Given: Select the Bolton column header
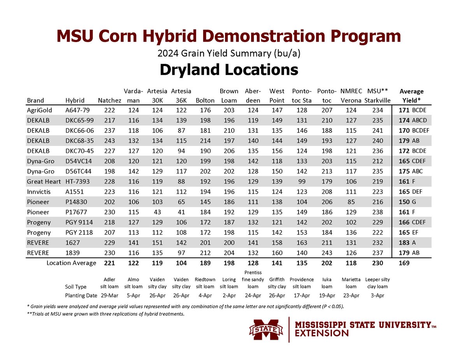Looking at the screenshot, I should tap(205, 100).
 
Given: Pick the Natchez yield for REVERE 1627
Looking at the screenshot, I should tap(109, 242).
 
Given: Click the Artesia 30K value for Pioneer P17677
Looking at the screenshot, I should tap(158, 212).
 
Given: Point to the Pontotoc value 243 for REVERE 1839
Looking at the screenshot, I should tap(327, 252).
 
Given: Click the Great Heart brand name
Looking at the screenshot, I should tap(44, 181).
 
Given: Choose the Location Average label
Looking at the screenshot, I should tap(71, 263).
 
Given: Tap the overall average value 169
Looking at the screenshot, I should tap(404, 263).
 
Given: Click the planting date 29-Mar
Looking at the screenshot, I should tap(109, 295).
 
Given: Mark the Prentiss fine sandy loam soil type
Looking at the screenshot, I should tap(253, 279).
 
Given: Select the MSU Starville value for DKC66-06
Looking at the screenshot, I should tap(377, 130).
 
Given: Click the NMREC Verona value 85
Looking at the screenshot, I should tap(351, 202).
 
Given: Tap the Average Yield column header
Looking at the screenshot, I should tap(411, 96).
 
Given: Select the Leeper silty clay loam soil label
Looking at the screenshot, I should tap(377, 283).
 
